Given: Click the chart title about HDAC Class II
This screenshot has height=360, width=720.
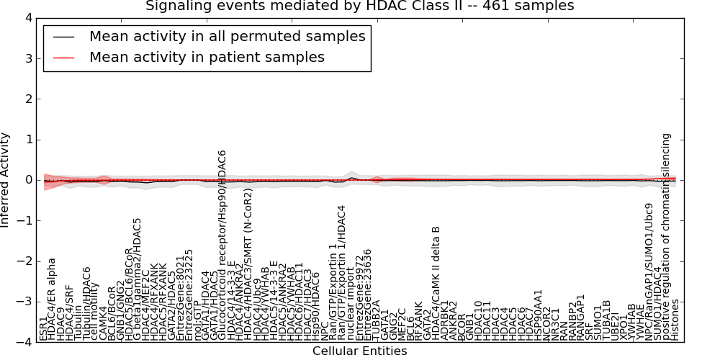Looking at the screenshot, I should tap(359, 6).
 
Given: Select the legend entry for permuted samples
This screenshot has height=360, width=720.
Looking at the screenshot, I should tap(227, 36).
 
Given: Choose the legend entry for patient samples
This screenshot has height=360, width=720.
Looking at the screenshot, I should tap(207, 57).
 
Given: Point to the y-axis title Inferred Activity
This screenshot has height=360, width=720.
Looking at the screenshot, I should tap(6, 180).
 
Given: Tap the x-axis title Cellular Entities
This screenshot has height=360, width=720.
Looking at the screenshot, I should tap(359, 351).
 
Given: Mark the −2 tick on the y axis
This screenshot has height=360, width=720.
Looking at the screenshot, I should tap(24, 261).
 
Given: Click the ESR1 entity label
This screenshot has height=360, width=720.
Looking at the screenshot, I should tap(43, 328).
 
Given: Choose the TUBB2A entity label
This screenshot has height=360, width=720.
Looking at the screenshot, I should tap(377, 322).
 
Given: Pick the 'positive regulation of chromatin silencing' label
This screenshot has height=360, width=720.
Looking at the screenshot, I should tap(667, 237).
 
